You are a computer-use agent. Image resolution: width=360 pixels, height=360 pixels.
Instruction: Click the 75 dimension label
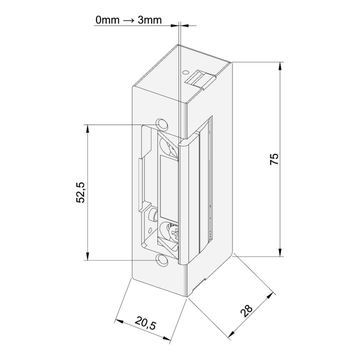pos(274,159)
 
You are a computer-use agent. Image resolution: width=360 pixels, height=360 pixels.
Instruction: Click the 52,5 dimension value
pos(80,192)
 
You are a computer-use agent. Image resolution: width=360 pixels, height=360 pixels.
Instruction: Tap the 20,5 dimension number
pos(145,322)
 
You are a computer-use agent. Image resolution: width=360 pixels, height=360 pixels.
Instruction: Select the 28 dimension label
pos(246,311)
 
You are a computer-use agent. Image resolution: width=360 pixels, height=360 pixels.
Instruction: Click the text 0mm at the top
pos(107,20)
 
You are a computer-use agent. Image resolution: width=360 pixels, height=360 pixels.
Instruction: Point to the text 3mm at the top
pos(149,20)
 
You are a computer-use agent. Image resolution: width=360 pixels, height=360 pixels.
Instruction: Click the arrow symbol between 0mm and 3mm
pos(128,20)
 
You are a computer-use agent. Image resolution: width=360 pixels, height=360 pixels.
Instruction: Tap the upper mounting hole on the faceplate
pos(161,123)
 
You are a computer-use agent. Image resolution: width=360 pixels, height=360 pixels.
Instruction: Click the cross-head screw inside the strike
pos(174,232)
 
